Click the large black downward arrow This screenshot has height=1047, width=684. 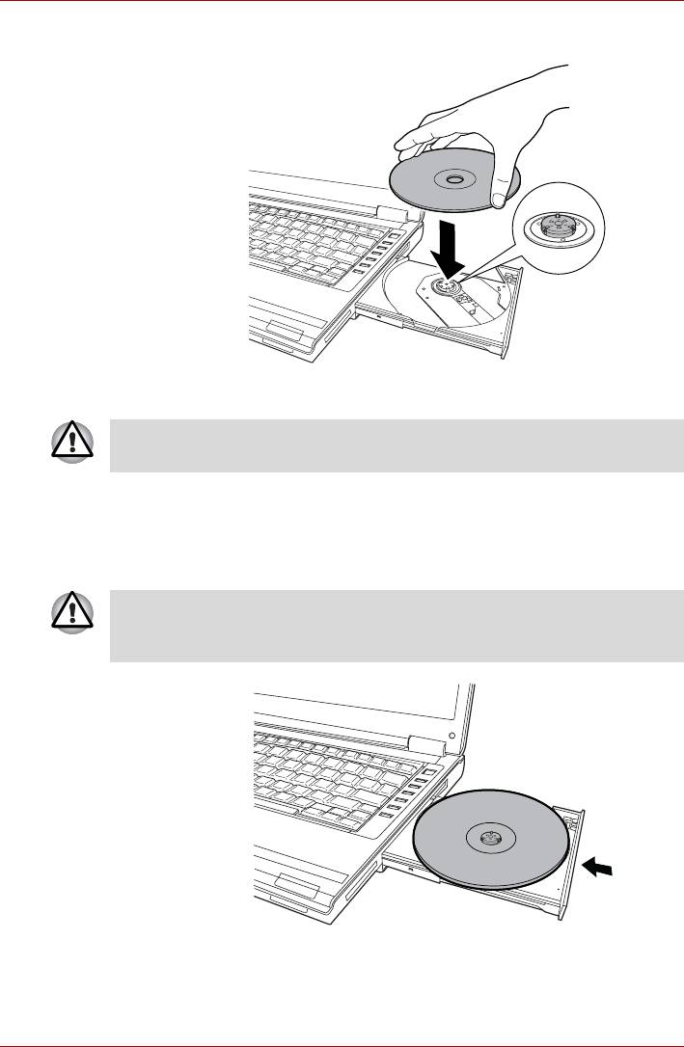click(x=446, y=249)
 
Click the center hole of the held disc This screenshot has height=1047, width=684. click(x=452, y=179)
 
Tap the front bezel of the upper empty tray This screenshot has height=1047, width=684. click(x=513, y=318)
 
